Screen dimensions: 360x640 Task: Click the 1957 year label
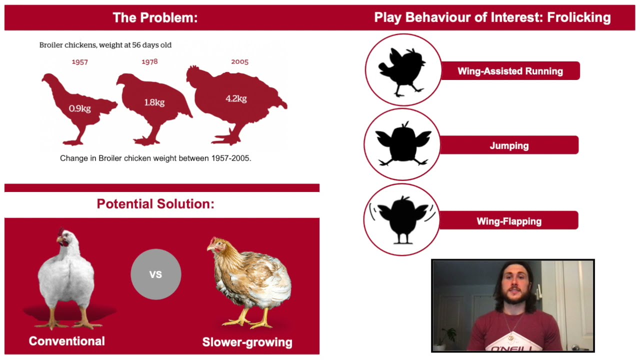[79, 62]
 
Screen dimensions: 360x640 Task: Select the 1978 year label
[150, 62]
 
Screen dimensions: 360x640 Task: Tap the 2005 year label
[239, 61]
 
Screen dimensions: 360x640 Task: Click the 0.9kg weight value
[79, 108]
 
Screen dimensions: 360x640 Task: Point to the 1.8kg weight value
[154, 102]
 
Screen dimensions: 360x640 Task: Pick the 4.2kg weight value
[236, 98]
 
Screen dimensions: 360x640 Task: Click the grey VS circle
[155, 274]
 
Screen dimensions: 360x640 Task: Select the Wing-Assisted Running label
[509, 71]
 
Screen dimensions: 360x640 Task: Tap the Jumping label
[509, 146]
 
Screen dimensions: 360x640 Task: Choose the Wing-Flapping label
[508, 221]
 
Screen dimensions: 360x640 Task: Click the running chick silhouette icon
[403, 70]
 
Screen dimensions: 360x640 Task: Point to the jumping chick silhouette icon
[402, 144]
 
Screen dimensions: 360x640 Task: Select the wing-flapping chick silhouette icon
[401, 219]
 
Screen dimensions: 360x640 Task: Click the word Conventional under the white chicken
[67, 341]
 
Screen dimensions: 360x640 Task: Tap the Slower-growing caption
[247, 342]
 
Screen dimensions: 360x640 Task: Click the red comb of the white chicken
[61, 232]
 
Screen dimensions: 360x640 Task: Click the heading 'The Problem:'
[155, 18]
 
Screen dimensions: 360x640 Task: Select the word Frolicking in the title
[578, 17]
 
